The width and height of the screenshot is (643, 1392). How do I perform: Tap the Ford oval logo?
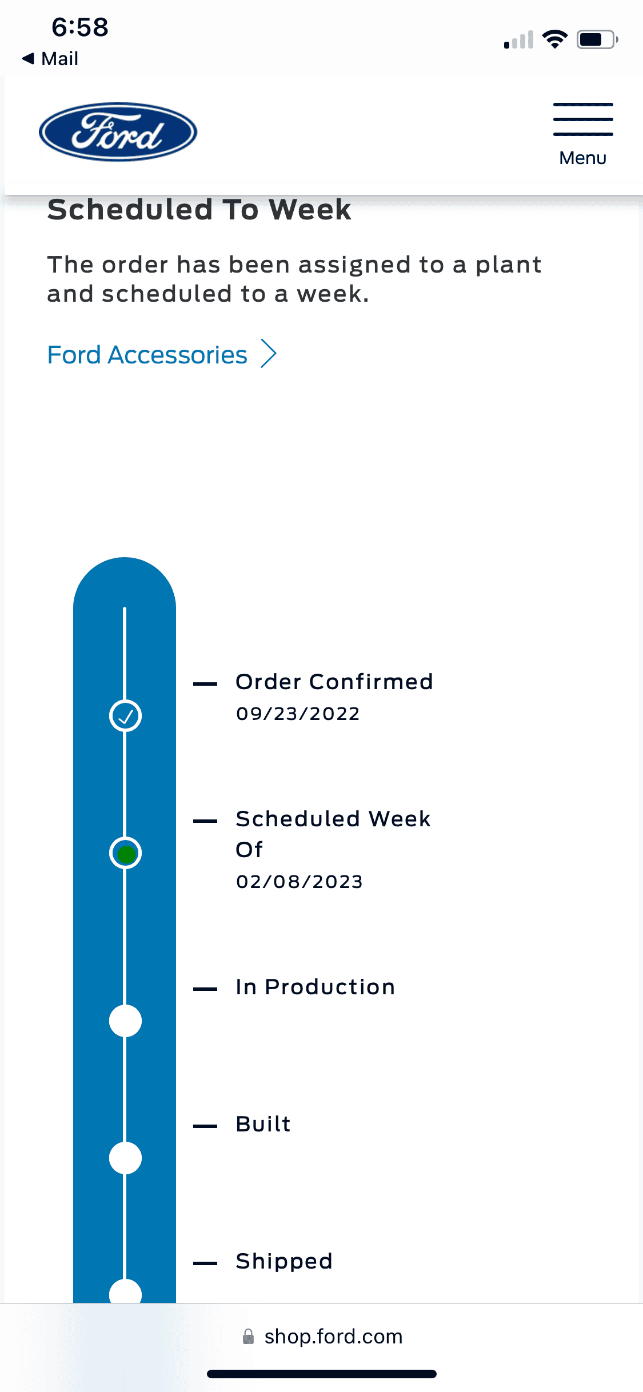[x=118, y=132]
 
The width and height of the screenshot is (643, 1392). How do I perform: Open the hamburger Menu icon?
[x=583, y=119]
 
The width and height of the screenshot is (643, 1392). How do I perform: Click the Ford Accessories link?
[x=147, y=355]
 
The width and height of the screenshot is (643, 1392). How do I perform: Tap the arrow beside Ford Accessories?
[x=269, y=354]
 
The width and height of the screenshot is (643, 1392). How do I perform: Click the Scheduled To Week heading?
[x=199, y=209]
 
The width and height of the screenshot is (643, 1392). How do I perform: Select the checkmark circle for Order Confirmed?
[x=125, y=715]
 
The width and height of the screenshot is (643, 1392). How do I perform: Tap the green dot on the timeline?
[x=126, y=854]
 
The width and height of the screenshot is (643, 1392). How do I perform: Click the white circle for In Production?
[x=125, y=1021]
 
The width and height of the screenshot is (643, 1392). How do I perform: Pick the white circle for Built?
[x=125, y=1158]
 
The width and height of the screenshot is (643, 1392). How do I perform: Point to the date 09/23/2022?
[x=298, y=714]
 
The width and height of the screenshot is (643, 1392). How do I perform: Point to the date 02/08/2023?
[x=299, y=882]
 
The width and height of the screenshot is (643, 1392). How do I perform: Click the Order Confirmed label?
[x=334, y=682]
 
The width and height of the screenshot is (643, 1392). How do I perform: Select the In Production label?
[x=315, y=987]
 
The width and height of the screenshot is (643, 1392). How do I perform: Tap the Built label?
[x=263, y=1124]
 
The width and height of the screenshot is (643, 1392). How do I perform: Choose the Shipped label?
[x=284, y=1261]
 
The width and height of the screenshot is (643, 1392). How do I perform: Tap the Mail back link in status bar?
[x=50, y=58]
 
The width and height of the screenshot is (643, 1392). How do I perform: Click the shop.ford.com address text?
[x=333, y=1337]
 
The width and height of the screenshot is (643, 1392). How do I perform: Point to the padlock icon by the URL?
[x=248, y=1337]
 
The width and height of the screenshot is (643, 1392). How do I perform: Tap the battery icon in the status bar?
[x=597, y=39]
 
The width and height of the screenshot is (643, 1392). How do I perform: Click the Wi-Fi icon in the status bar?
[x=554, y=39]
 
